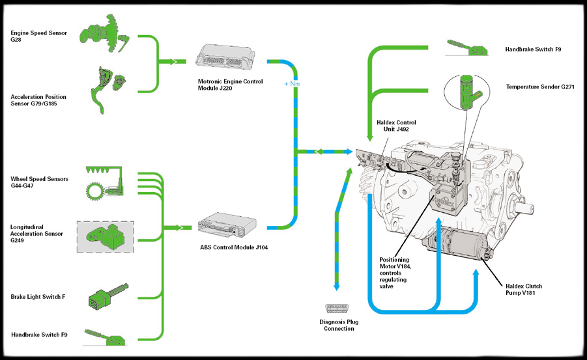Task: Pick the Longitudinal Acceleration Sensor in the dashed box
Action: (106, 236)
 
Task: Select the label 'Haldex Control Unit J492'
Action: (396, 125)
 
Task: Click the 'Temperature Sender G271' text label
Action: (540, 87)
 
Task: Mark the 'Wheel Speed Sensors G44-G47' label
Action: (39, 182)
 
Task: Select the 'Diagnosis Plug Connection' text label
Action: (339, 325)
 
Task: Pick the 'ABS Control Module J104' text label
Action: (225, 247)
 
